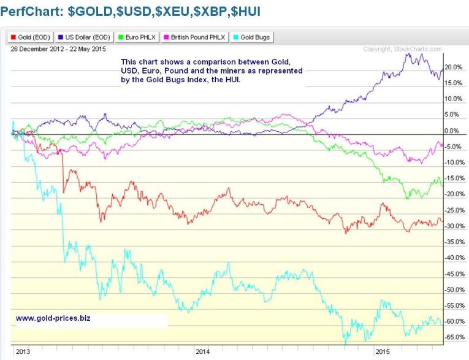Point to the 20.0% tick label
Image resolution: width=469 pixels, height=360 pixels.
(454, 67)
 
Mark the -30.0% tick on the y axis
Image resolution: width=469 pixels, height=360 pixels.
(454, 226)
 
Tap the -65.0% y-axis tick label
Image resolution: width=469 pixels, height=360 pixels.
(454, 337)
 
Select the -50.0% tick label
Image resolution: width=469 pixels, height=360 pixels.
(454, 289)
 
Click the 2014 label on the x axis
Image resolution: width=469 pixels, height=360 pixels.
(202, 352)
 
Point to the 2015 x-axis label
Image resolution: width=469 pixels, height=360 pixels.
(383, 352)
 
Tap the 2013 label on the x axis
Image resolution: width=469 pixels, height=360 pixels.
(22, 352)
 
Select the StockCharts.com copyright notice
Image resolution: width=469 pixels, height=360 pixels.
(402, 49)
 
